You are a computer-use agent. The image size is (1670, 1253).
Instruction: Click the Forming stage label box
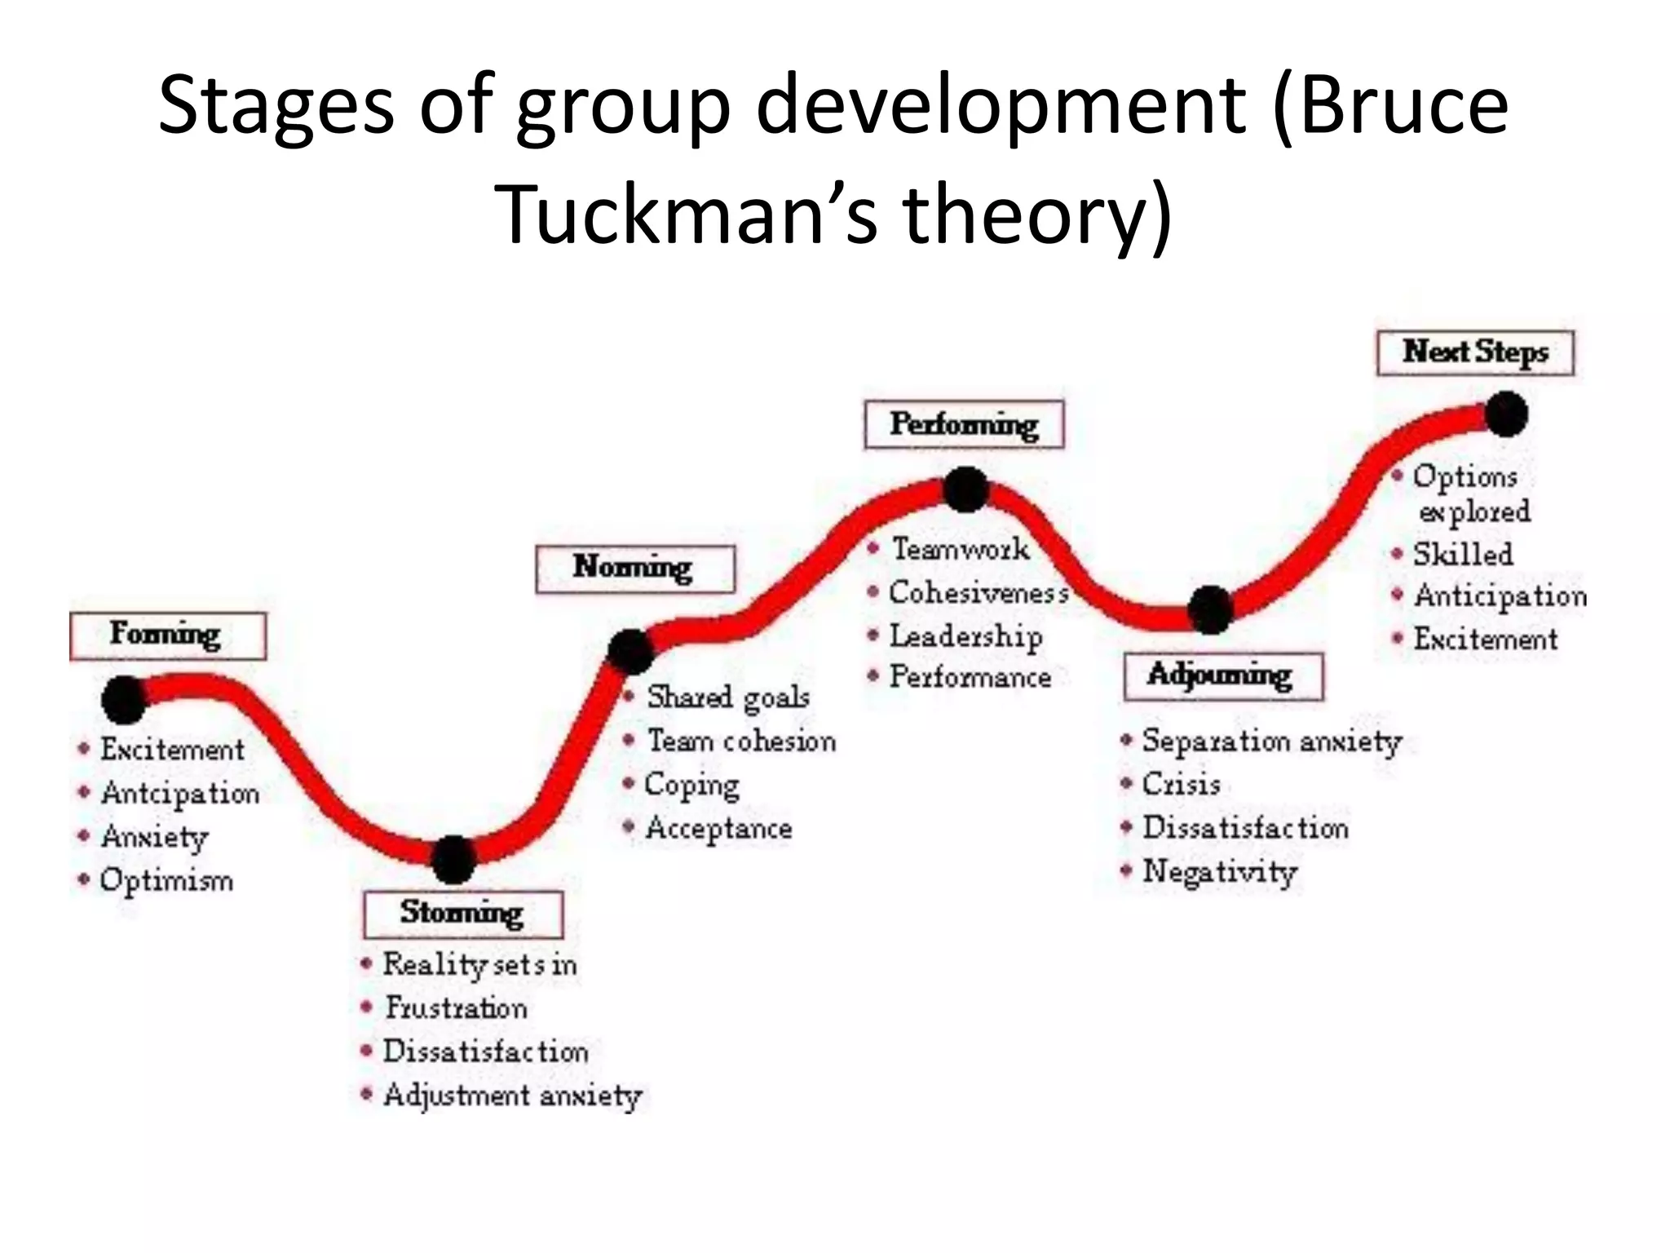click(167, 635)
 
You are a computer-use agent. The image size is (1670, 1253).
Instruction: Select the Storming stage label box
click(462, 914)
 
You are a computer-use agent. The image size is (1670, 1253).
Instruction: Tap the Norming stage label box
click(634, 568)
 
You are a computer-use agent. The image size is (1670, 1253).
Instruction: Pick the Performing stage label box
click(964, 424)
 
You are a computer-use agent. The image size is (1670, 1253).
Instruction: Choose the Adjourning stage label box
click(1222, 675)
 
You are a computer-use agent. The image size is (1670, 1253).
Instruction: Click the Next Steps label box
click(1475, 352)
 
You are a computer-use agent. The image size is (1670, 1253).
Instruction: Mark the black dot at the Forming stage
click(124, 700)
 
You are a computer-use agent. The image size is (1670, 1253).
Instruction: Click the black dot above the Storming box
click(453, 859)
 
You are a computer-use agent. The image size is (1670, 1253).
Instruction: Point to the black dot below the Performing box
click(966, 489)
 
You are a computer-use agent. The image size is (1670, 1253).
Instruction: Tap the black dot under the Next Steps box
click(1506, 414)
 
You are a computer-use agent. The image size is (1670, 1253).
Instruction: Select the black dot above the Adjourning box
click(1210, 609)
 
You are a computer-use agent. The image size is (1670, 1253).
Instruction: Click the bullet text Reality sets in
click(479, 964)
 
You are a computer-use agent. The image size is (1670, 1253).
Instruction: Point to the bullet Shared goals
click(727, 697)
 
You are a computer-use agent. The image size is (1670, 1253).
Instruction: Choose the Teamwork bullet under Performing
click(960, 549)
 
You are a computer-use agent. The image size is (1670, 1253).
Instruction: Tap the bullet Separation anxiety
click(1271, 741)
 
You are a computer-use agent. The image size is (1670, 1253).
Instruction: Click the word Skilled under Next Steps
click(1463, 555)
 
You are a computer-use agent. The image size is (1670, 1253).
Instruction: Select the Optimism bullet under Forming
click(166, 880)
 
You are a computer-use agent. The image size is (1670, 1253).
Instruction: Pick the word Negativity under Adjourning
click(1219, 871)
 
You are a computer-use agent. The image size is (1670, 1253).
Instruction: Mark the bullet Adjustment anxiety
click(512, 1095)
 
